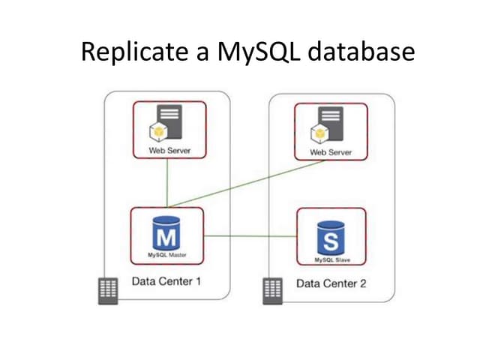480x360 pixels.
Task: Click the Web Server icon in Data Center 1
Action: click(x=166, y=124)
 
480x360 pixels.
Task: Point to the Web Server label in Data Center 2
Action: click(x=330, y=152)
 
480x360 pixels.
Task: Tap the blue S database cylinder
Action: click(x=331, y=238)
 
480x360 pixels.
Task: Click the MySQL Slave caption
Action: click(x=331, y=259)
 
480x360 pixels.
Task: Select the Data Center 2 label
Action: click(x=331, y=284)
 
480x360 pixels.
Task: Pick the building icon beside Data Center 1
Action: click(x=109, y=289)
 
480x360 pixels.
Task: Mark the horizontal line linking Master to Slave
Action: click(x=251, y=236)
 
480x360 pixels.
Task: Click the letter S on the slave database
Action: click(x=331, y=242)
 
